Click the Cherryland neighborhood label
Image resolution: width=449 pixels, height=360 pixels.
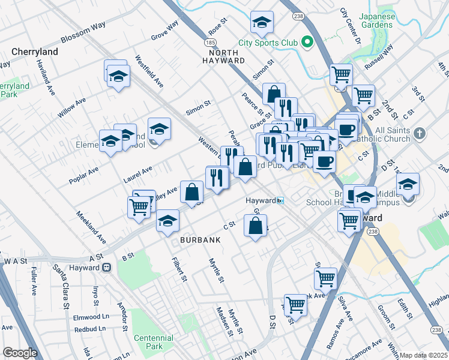pos(34,52)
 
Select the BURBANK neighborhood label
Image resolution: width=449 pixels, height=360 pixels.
pos(200,239)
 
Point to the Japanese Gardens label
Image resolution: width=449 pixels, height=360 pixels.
pos(378,22)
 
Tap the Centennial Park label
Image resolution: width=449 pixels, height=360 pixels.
pos(153,342)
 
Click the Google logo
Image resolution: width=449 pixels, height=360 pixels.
pos(19,353)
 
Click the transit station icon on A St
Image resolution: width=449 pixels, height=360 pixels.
pos(106,268)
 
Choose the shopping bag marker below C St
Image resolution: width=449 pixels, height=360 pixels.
pos(256,226)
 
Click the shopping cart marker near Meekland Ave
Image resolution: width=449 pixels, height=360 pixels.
pos(139,206)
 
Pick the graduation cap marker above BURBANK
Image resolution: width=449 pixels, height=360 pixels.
pos(168,221)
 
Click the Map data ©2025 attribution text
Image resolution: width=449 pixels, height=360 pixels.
pos(424,355)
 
